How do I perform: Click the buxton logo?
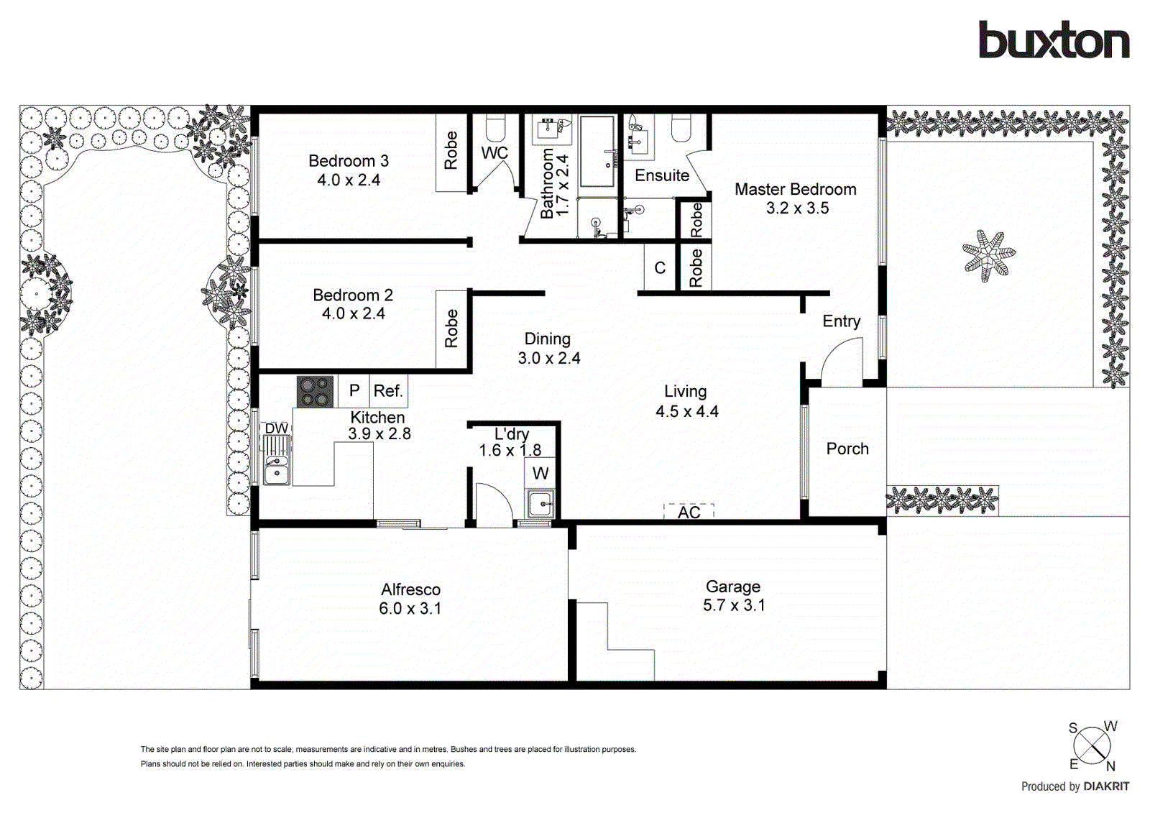[1054, 40]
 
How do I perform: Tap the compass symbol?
[1092, 746]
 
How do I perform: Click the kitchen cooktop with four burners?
[315, 392]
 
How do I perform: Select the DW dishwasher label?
[276, 428]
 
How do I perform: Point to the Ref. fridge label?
[388, 391]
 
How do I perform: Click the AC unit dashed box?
[689, 511]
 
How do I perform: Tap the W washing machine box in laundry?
[540, 473]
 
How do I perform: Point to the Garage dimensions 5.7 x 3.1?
[734, 605]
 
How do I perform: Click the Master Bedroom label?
[795, 189]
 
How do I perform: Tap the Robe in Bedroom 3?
[451, 151]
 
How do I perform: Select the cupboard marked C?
[660, 268]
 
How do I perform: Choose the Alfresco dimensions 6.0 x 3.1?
[410, 608]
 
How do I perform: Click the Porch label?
[847, 449]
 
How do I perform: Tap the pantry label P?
[354, 390]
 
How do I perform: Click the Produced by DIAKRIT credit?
[1075, 786]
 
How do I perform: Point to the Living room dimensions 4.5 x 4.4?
[686, 411]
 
